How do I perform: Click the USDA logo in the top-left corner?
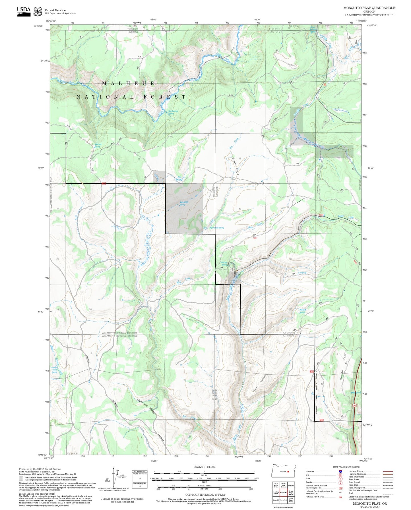coord(23,11)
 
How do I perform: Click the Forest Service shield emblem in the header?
coord(37,12)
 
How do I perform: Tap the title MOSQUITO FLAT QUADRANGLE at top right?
coord(369,8)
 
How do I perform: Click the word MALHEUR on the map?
coord(128,83)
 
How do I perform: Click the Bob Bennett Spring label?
coord(173,112)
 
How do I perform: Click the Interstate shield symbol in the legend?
coord(340,471)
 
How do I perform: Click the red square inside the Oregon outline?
coord(288,471)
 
